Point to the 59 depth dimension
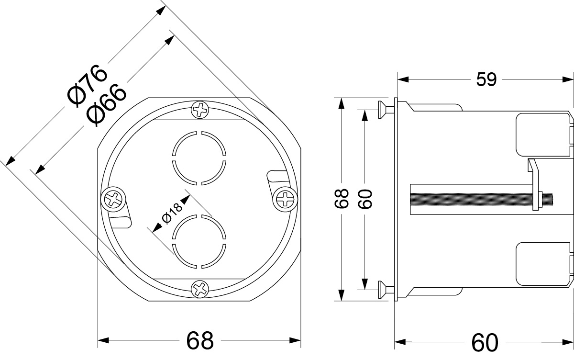(486, 79)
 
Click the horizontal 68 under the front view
(199, 340)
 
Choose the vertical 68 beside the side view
(341, 199)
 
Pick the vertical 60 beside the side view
(365, 199)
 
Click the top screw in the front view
(199, 110)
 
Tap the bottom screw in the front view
(199, 288)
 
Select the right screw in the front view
(285, 199)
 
